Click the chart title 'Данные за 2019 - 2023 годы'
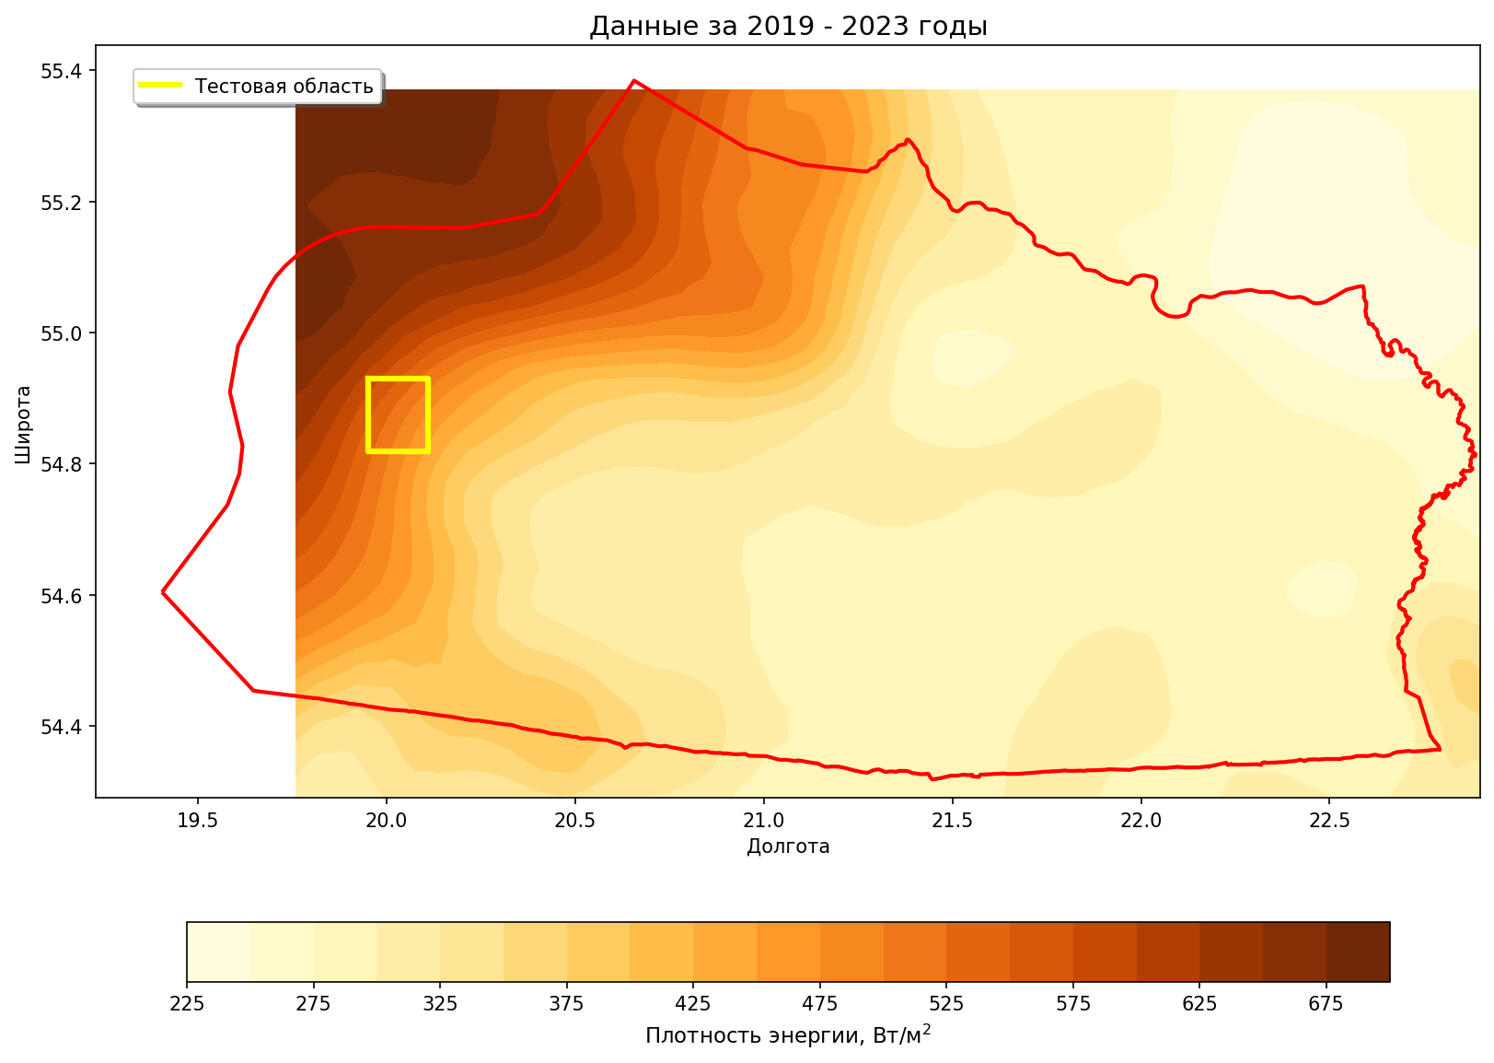tap(788, 26)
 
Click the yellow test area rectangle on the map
tap(398, 378)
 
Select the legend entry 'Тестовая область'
tap(284, 87)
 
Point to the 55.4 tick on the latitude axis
tap(62, 71)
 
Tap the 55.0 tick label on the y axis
tap(62, 333)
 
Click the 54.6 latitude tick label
tap(62, 595)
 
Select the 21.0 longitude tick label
tap(763, 821)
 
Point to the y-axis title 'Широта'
tap(24, 425)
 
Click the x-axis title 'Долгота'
tap(788, 847)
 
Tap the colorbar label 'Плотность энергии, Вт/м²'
tap(788, 1036)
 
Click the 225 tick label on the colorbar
tap(187, 1003)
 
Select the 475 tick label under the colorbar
tap(820, 1003)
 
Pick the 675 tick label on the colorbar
tap(1326, 1003)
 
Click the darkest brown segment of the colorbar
tap(1358, 952)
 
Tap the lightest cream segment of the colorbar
tap(218, 952)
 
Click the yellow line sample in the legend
tap(160, 86)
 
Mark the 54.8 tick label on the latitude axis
tap(62, 464)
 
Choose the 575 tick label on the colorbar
tap(1073, 1003)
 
